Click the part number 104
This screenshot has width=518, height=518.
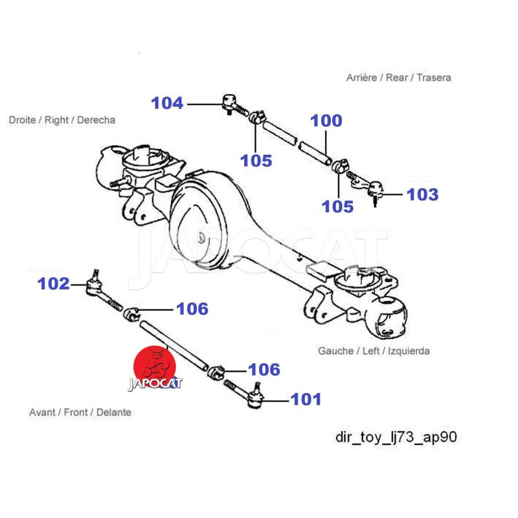click(x=167, y=103)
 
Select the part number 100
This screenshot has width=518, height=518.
click(x=326, y=121)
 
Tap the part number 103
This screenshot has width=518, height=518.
click(x=422, y=194)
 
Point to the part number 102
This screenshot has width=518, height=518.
click(x=54, y=284)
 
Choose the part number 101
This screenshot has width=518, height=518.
click(x=306, y=399)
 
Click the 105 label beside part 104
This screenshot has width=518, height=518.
click(x=257, y=161)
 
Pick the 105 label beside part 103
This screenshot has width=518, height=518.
click(x=338, y=207)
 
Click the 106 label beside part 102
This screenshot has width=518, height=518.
click(x=192, y=310)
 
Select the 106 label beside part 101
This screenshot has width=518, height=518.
click(x=264, y=370)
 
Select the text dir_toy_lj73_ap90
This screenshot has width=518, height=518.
click(x=396, y=437)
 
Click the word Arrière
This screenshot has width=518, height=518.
click(x=361, y=78)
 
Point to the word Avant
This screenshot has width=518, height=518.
click(x=42, y=412)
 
